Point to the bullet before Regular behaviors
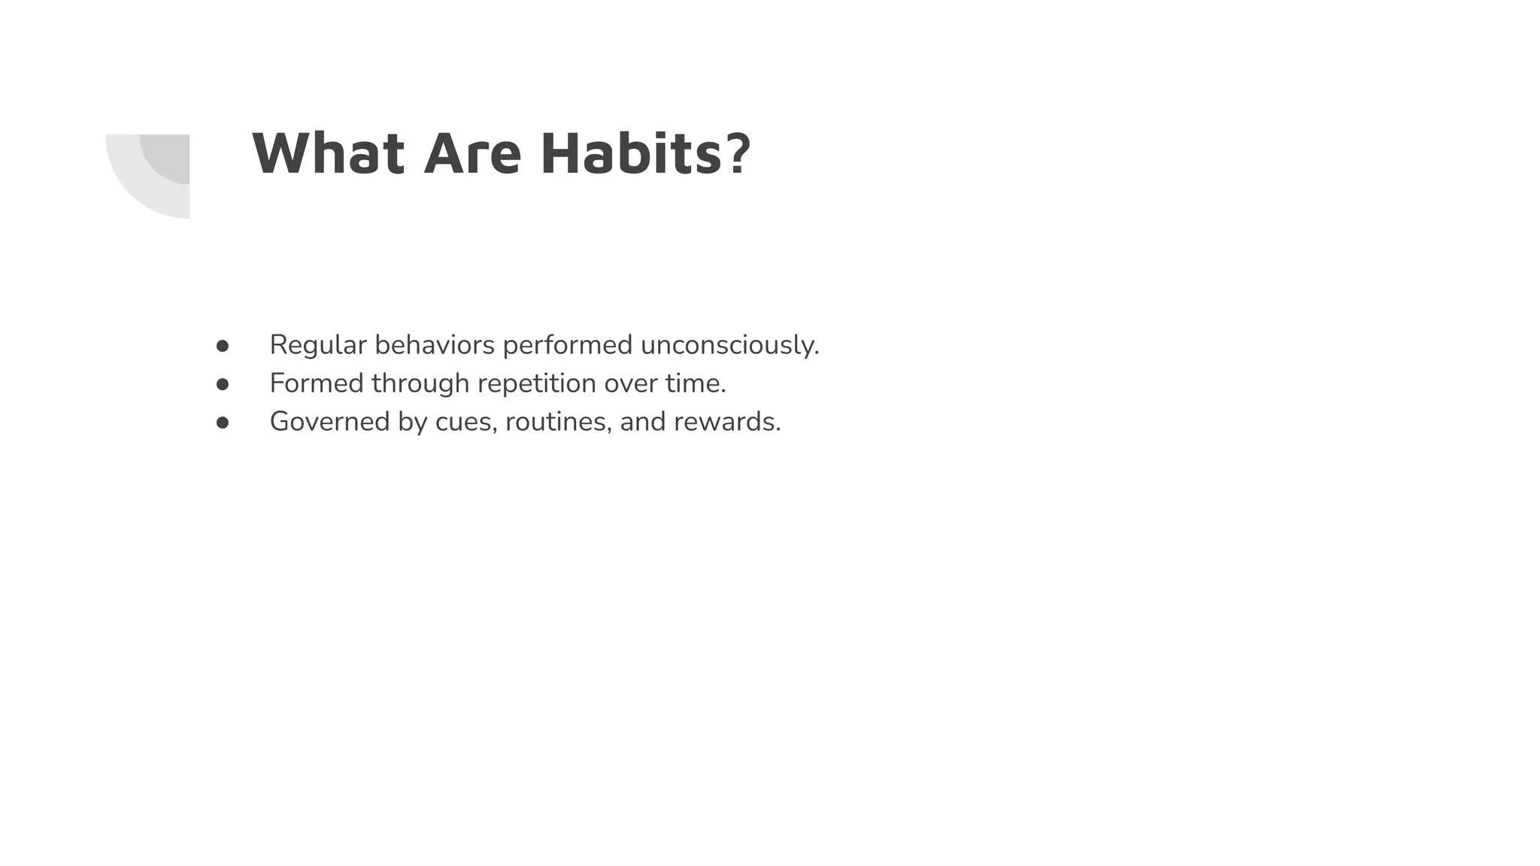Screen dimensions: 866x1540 tap(223, 346)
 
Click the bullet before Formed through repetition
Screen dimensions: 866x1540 tap(223, 384)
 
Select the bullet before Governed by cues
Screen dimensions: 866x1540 tap(223, 422)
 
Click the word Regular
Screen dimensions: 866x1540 tap(318, 345)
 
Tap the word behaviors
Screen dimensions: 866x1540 tap(435, 345)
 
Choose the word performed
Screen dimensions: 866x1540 tap(568, 345)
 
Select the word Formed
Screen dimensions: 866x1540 tap(317, 383)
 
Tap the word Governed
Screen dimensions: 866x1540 tap(329, 422)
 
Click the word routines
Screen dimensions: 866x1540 tap(558, 422)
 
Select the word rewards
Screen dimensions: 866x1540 tap(726, 422)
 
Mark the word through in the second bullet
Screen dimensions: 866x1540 tap(420, 383)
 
